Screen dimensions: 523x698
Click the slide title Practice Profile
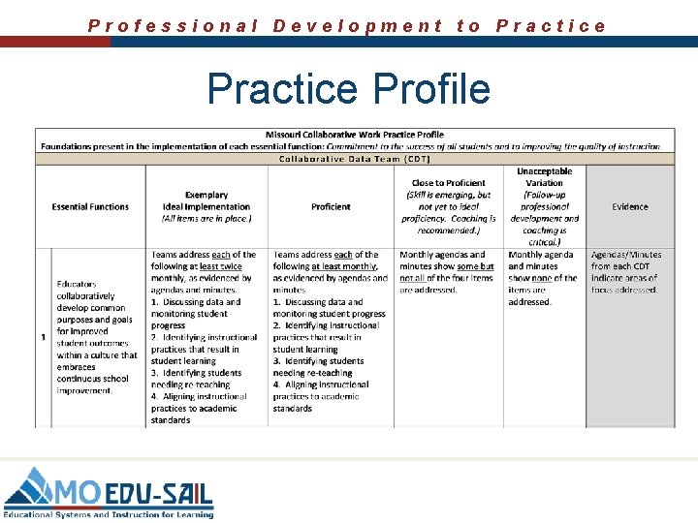pyautogui.click(x=349, y=88)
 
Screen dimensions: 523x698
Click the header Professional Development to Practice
pyautogui.click(x=347, y=26)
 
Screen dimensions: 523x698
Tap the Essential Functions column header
pyautogui.click(x=90, y=206)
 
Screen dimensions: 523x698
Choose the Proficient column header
pyautogui.click(x=331, y=206)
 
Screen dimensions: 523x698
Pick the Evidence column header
pyautogui.click(x=630, y=206)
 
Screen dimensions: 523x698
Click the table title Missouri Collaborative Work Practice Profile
pyautogui.click(x=354, y=135)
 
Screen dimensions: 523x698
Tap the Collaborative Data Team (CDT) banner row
pyautogui.click(x=354, y=159)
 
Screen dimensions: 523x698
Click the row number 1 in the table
pyautogui.click(x=43, y=337)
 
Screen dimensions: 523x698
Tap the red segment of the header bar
pyautogui.click(x=54, y=43)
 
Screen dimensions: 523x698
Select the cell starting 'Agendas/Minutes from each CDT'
pyautogui.click(x=626, y=272)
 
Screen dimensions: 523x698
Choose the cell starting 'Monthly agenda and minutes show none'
pyautogui.click(x=544, y=278)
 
